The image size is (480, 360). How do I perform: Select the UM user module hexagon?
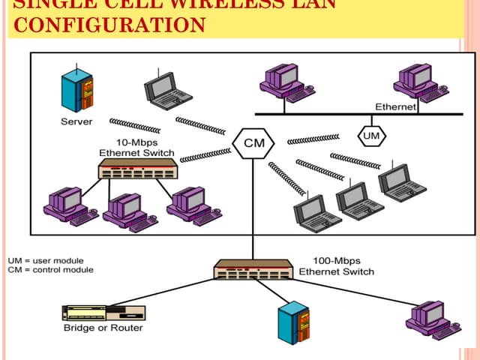[x=371, y=136]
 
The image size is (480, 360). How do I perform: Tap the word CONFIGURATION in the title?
[x=109, y=25]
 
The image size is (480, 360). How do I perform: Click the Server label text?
[x=76, y=121]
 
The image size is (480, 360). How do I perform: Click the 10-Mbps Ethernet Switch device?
[x=137, y=169]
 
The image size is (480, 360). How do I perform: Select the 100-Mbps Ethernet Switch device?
[x=252, y=269]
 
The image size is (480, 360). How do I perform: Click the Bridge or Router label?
[x=103, y=328]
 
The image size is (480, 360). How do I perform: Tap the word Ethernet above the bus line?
[x=395, y=107]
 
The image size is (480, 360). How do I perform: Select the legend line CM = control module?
[x=50, y=269]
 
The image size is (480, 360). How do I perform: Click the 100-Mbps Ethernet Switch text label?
[x=336, y=265]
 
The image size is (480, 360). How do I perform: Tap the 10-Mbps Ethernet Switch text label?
[x=136, y=148]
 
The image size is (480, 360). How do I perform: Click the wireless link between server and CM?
[x=134, y=124]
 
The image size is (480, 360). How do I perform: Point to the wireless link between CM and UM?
[x=313, y=139]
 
